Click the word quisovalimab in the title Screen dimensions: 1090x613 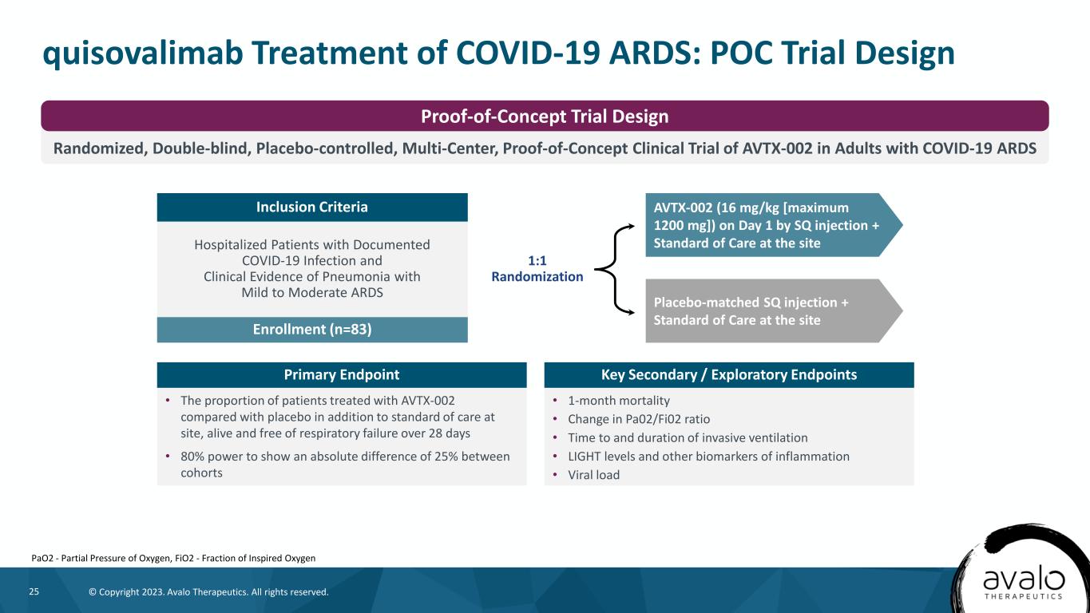click(143, 53)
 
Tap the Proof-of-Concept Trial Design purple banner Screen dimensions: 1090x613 click(545, 116)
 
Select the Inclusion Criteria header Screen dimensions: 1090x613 click(312, 208)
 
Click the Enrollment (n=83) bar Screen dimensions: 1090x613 click(312, 330)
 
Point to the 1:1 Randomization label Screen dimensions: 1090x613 click(537, 268)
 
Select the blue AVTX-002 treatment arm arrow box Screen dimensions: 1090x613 click(774, 225)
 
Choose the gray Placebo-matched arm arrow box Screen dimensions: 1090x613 click(774, 310)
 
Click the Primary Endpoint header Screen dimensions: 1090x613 click(342, 374)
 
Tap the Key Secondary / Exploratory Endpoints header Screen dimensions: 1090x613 click(729, 374)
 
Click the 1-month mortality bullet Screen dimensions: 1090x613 click(619, 401)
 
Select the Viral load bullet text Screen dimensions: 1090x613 click(593, 475)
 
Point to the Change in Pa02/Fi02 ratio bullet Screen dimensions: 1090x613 click(639, 419)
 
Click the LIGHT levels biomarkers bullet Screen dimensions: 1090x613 click(708, 457)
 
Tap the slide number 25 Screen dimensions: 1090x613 click(34, 591)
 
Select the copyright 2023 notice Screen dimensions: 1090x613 click(208, 592)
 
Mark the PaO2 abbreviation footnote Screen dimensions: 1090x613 click(173, 558)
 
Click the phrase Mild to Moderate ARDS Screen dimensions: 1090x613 click(312, 292)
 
